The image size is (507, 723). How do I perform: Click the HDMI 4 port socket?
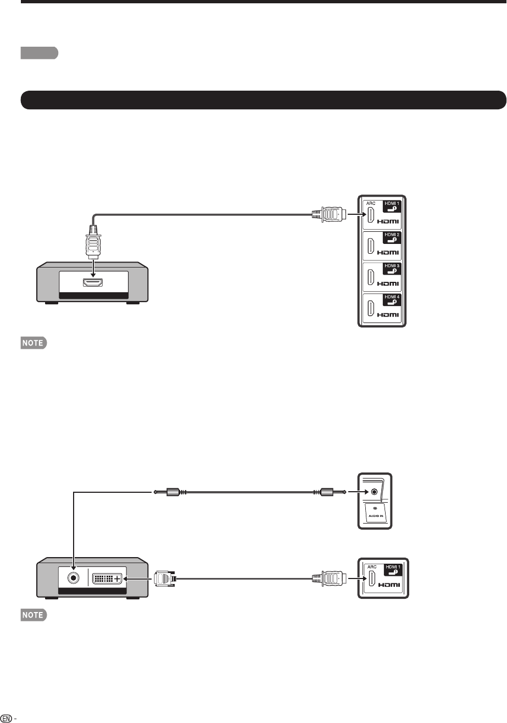(371, 309)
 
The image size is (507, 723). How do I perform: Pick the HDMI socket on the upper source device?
(94, 283)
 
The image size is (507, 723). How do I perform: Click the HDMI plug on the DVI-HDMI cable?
(329, 578)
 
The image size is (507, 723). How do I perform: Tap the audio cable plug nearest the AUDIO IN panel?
(330, 493)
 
